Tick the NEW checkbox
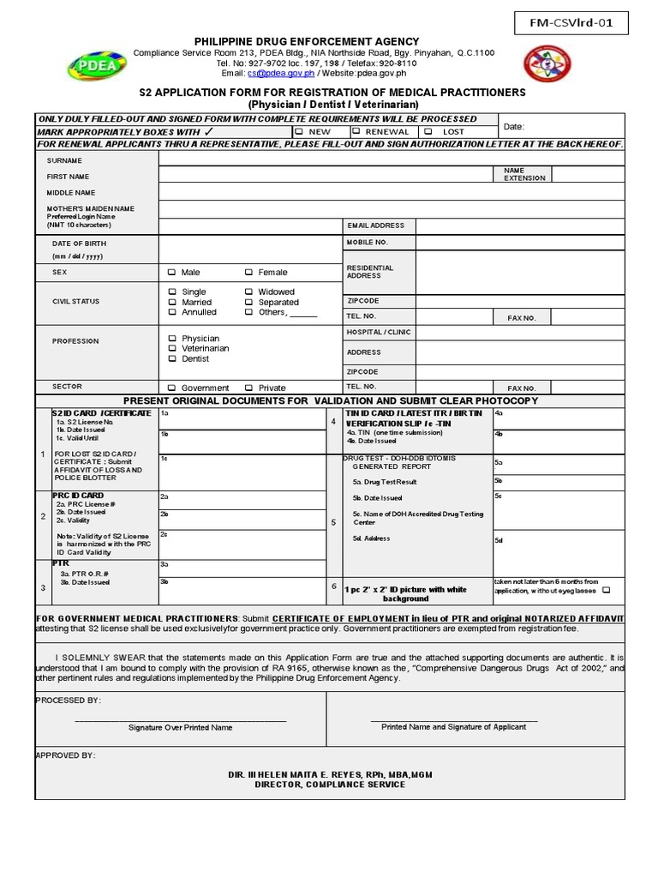pyautogui.click(x=299, y=132)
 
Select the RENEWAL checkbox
pyautogui.click(x=356, y=132)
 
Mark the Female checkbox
pyautogui.click(x=248, y=273)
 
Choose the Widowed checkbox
pyautogui.click(x=248, y=292)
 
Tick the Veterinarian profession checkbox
pyautogui.click(x=172, y=349)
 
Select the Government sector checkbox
pyautogui.click(x=172, y=388)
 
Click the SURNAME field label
pyautogui.click(x=65, y=160)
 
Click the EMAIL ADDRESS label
pyautogui.click(x=375, y=226)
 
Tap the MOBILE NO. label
pyautogui.click(x=368, y=243)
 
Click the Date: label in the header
pyautogui.click(x=514, y=126)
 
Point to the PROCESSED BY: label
pyautogui.click(x=69, y=701)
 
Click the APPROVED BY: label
pyautogui.click(x=66, y=755)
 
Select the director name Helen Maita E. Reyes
pyautogui.click(x=330, y=774)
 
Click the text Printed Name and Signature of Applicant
pyautogui.click(x=454, y=727)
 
